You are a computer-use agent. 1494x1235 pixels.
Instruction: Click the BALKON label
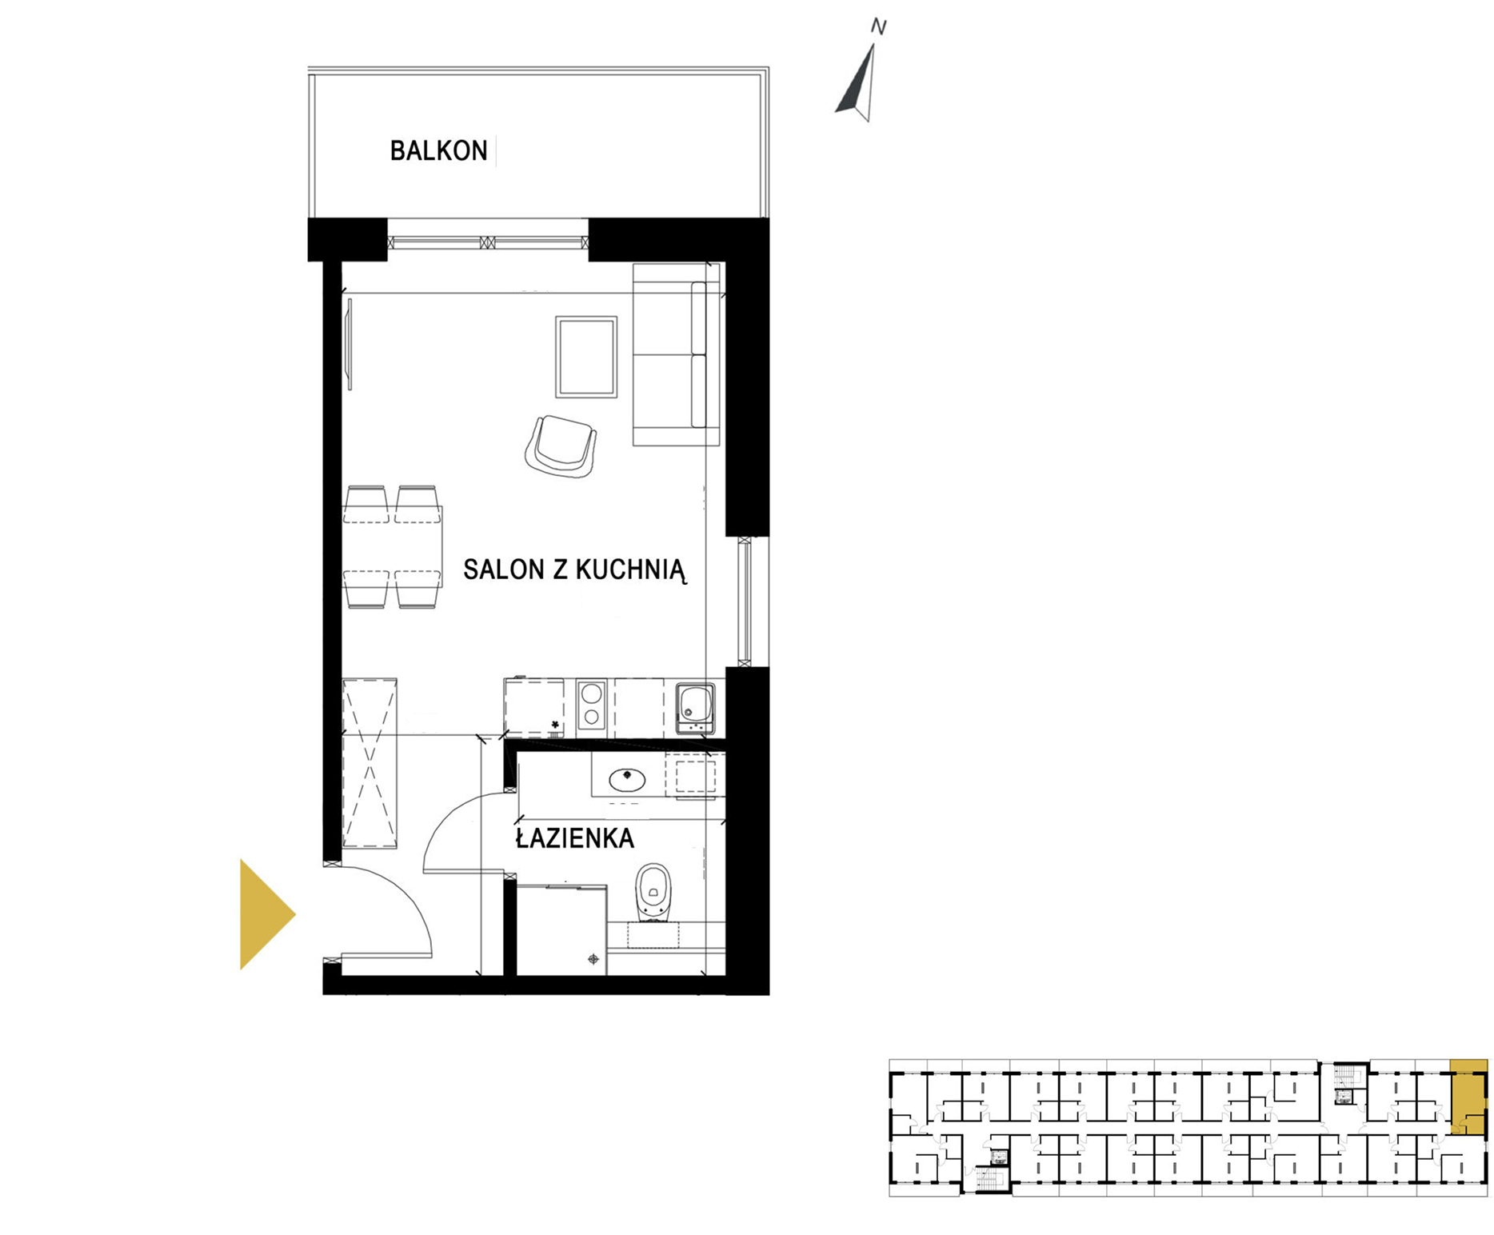point(438,151)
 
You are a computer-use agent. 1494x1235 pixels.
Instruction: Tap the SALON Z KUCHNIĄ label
point(574,570)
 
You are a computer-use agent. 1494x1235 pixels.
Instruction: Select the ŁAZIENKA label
point(574,837)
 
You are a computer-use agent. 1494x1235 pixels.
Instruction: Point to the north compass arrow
point(857,82)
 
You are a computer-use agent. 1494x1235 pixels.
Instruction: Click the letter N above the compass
point(878,27)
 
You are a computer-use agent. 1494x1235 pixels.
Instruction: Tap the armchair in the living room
point(561,446)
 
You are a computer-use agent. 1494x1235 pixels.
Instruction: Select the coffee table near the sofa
point(586,357)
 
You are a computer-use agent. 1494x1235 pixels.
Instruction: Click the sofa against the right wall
point(677,354)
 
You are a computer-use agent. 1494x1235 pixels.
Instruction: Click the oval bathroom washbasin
point(627,777)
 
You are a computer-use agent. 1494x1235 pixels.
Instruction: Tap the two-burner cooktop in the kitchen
point(591,705)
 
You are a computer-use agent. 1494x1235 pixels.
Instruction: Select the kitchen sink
point(695,707)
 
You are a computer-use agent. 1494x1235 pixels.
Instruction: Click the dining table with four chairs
point(393,547)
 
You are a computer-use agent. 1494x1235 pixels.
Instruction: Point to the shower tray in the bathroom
point(561,930)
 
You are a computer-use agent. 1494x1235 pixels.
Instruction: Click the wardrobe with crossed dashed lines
point(370,763)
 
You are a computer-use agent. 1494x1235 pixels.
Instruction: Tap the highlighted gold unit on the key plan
point(1468,1097)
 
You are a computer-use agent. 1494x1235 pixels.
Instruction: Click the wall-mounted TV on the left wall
point(349,345)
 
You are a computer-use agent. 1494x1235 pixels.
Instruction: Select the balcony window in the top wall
point(488,243)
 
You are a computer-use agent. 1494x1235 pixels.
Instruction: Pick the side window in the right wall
point(745,602)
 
